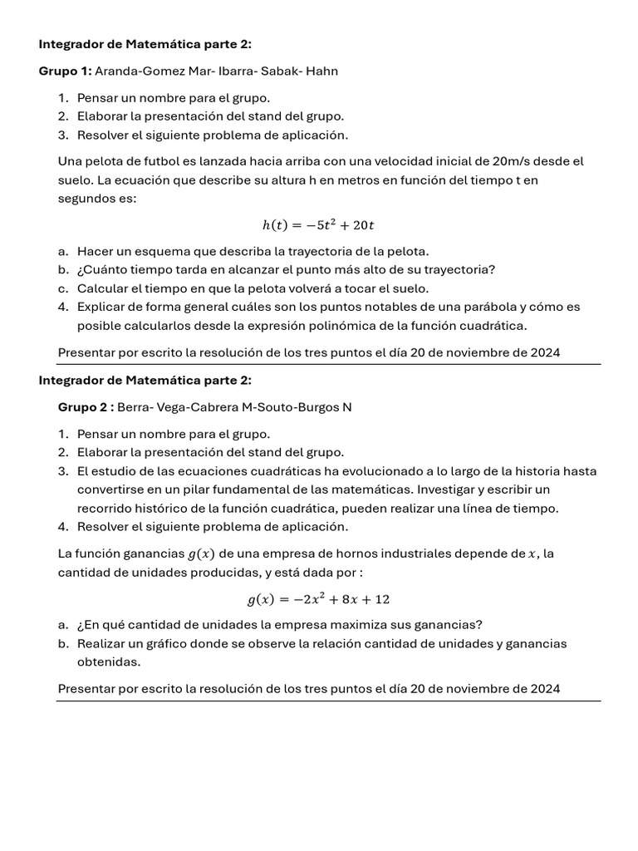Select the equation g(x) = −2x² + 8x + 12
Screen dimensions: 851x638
(x=319, y=599)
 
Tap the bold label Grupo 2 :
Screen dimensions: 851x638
(x=86, y=407)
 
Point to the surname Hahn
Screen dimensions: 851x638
(x=321, y=71)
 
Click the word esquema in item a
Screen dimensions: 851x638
(x=150, y=251)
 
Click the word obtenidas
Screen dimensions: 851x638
(x=109, y=662)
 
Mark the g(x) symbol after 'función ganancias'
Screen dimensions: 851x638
(x=202, y=553)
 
